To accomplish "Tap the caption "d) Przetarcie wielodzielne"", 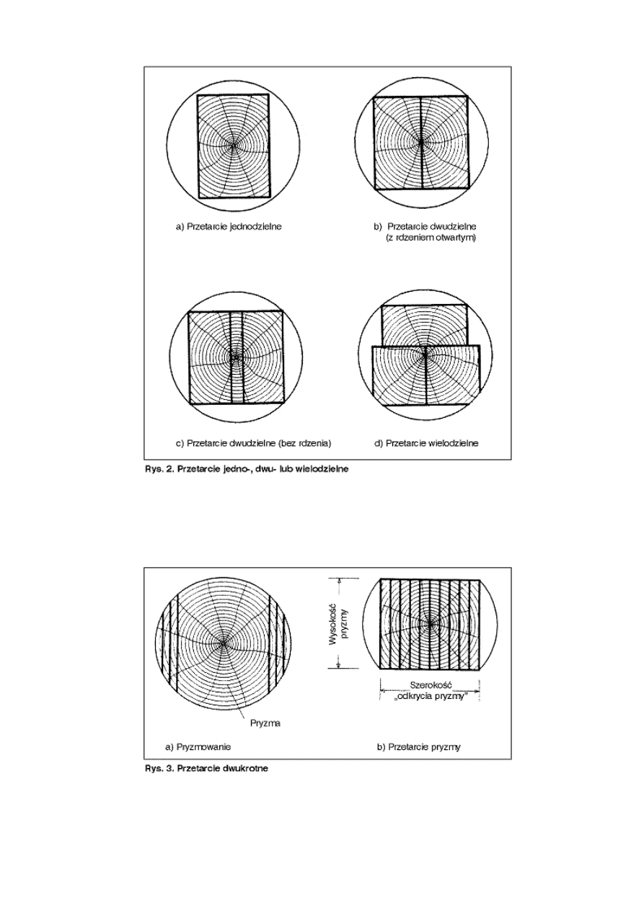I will (x=425, y=443).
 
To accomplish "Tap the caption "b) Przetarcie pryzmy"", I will (x=418, y=746).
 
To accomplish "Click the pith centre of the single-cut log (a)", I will (x=233, y=146).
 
